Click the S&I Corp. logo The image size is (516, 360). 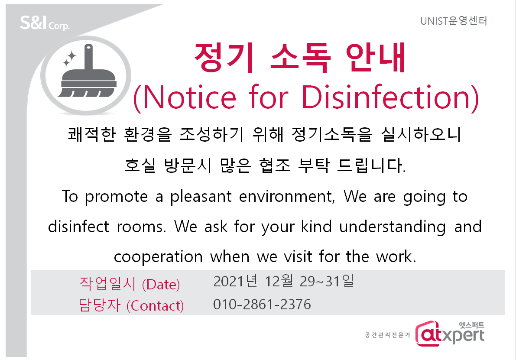[x=45, y=23]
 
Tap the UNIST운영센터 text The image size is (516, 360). [x=454, y=21]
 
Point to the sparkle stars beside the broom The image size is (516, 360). [x=69, y=58]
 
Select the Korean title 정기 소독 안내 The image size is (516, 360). [x=299, y=58]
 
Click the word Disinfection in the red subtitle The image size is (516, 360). [x=390, y=97]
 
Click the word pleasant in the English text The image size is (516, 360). [x=201, y=197]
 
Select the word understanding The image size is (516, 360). [x=393, y=227]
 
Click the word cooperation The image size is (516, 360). [x=158, y=256]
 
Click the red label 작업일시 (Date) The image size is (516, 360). [x=130, y=284]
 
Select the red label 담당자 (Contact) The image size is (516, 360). [x=131, y=305]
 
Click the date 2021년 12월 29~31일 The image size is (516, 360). [x=284, y=281]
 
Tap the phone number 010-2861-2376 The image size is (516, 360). [x=262, y=305]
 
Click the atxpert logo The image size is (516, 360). [x=450, y=333]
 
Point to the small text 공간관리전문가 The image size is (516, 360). [x=388, y=335]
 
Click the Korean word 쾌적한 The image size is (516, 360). [x=92, y=135]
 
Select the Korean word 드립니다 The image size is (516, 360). [x=371, y=165]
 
